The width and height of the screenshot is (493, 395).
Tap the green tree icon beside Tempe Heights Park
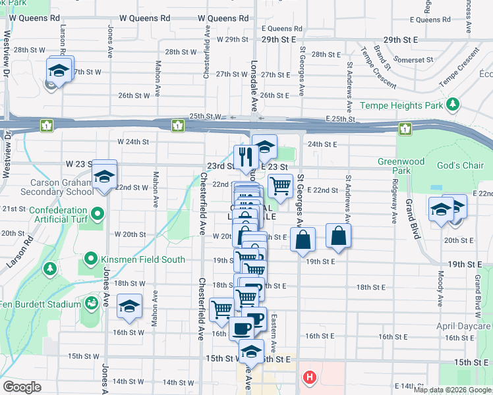pos(453,105)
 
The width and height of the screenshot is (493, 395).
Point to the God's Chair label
pos(464,165)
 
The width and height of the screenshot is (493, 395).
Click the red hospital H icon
pos(308,378)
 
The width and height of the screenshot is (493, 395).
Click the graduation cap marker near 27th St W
pos(59,69)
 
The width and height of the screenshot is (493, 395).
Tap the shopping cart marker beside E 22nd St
pos(281,186)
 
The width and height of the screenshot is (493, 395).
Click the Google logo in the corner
pos(22,387)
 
